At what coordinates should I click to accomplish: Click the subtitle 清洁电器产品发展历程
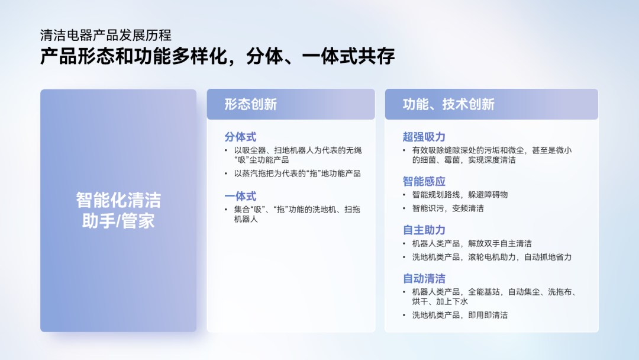(x=106, y=36)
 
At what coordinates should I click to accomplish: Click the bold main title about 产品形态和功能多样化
(x=218, y=56)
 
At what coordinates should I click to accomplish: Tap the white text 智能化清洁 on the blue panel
(x=118, y=200)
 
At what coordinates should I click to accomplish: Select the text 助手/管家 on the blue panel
(x=118, y=221)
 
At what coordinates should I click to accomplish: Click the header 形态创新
(x=251, y=104)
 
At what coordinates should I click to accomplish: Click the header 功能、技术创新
(x=448, y=104)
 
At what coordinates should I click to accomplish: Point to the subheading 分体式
(x=240, y=137)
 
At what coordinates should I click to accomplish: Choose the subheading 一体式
(x=240, y=196)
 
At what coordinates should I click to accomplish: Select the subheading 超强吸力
(x=424, y=137)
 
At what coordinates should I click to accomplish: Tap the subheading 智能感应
(x=424, y=181)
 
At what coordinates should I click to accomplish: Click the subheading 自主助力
(x=424, y=230)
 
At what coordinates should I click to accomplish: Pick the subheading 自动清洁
(x=424, y=278)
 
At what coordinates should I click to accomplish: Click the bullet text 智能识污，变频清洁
(x=448, y=208)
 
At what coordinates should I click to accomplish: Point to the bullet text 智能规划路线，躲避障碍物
(x=460, y=195)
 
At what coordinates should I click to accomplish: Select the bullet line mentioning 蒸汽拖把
(x=298, y=173)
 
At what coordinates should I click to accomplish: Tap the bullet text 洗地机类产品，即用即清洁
(x=460, y=315)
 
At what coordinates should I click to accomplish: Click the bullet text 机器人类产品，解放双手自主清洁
(x=472, y=243)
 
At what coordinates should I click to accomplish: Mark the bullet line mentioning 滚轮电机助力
(x=492, y=257)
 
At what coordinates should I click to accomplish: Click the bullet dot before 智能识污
(x=404, y=208)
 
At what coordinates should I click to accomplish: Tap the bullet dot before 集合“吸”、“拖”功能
(x=226, y=210)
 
